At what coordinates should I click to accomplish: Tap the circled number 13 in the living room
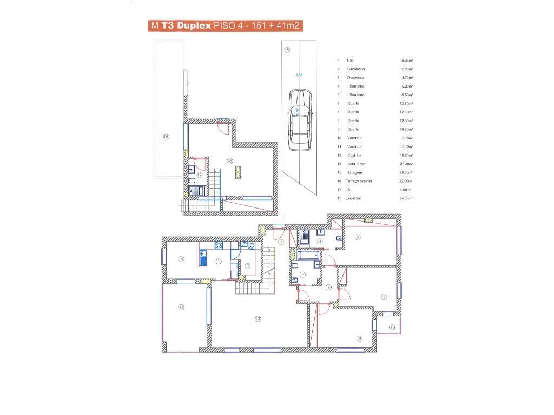point(258,319)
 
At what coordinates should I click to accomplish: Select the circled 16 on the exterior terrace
point(166,137)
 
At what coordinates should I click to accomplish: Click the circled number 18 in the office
point(229,160)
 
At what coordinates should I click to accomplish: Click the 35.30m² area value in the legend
point(407,164)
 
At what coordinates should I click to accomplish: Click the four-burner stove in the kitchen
point(219,245)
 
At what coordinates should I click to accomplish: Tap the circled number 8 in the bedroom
point(359,339)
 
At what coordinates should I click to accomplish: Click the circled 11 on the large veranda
point(181,307)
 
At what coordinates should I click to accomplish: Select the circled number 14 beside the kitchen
point(181,259)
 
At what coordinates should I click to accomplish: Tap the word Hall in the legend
point(350,60)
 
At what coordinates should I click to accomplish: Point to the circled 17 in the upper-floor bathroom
point(200,175)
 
